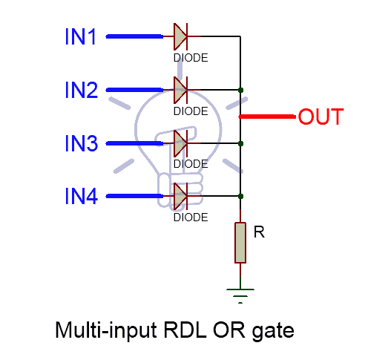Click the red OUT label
coord(320,117)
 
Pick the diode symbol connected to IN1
coord(182,36)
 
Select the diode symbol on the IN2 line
coord(182,90)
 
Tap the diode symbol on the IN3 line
coord(182,143)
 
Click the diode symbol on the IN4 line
coord(182,196)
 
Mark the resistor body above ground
coord(240,242)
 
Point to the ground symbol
coord(240,296)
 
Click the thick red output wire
coord(267,117)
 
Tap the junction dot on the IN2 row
coord(240,90)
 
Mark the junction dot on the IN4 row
coord(240,196)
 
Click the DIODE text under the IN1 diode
coord(190,56)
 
